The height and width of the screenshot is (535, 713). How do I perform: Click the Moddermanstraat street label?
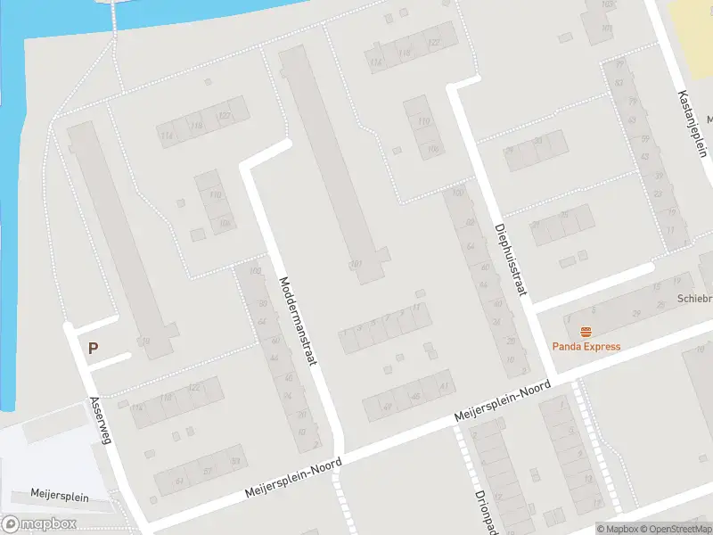[299, 315]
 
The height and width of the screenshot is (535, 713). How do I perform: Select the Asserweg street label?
[101, 419]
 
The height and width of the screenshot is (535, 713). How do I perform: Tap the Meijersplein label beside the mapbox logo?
[60, 497]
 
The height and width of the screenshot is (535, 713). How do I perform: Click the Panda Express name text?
[586, 347]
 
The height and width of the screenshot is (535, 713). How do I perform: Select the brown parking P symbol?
[93, 349]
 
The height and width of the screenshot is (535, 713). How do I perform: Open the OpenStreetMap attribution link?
[676, 529]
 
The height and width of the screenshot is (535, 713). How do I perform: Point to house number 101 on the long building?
[356, 264]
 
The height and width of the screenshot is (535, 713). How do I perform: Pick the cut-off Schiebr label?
[694, 299]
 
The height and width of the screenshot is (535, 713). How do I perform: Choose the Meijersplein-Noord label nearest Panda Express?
[503, 403]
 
